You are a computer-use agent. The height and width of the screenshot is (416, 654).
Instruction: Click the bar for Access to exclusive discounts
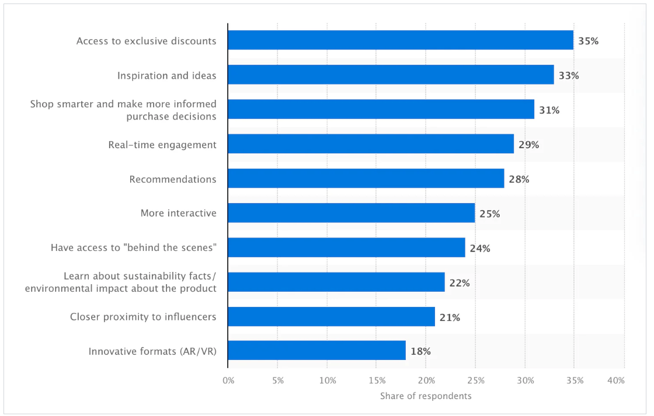pos(401,41)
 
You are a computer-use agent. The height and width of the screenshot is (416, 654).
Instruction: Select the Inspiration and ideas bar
pos(391,75)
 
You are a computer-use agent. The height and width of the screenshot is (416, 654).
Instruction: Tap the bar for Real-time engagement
pos(371,144)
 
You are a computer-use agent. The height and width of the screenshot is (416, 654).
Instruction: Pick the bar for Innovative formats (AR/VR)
pos(316,351)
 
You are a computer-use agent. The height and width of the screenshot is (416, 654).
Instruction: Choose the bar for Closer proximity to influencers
pos(331,317)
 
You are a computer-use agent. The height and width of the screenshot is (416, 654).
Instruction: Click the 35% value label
pos(588,41)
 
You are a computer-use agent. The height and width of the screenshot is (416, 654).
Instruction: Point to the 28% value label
pos(519,179)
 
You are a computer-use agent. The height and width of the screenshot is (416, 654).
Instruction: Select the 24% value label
pos(479,248)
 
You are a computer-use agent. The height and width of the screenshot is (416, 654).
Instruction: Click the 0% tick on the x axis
pos(228,380)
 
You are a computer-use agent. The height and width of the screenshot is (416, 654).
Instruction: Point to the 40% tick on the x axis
pos(616,380)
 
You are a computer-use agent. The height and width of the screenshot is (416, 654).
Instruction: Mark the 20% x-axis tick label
pos(426,380)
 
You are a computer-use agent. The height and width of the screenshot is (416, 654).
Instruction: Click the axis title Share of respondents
pos(426,396)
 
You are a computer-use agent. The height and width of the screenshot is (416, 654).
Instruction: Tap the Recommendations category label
pos(173,179)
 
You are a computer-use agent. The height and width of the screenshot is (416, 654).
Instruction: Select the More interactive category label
pos(178,214)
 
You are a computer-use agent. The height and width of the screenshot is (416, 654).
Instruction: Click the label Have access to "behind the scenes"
pos(134,248)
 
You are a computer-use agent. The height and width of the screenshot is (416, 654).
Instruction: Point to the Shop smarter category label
pos(123,110)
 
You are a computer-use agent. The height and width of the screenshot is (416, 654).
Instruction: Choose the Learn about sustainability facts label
pos(121,282)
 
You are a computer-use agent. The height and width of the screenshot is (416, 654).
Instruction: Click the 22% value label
pos(459,283)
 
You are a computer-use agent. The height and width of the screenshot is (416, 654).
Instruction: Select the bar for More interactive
pos(351,213)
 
